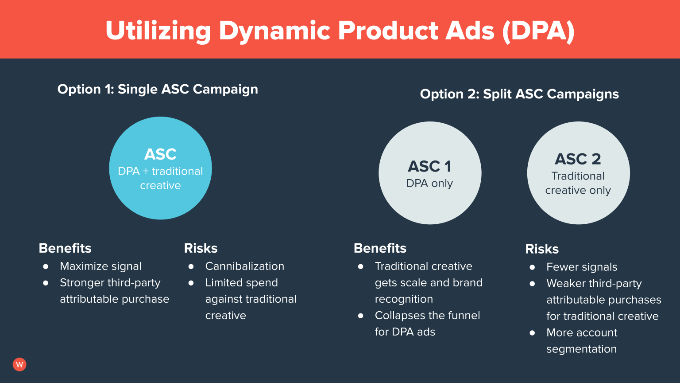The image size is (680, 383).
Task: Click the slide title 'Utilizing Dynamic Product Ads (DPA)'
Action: [x=340, y=31]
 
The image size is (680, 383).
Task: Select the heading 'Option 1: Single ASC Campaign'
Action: [x=158, y=89]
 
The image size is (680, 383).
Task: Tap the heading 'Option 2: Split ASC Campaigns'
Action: [x=519, y=94]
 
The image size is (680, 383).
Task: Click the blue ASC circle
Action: [x=160, y=168]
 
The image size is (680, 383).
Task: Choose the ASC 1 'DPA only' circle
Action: [x=429, y=173]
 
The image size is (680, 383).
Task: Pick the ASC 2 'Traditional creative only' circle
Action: [x=578, y=173]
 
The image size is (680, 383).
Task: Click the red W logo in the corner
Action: [x=19, y=364]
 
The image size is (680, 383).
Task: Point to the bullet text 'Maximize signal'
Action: [x=100, y=266]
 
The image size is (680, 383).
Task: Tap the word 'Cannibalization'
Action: [x=244, y=266]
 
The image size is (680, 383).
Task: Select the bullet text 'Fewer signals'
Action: [x=581, y=267]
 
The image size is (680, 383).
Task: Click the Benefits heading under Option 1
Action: [x=65, y=248]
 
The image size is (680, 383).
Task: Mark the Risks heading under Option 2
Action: [x=542, y=249]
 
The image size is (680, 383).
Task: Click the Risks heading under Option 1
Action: [x=201, y=248]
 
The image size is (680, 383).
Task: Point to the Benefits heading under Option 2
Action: [x=380, y=248]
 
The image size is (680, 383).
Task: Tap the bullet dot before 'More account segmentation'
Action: [x=532, y=332]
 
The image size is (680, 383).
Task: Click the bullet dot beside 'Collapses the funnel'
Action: [x=361, y=315]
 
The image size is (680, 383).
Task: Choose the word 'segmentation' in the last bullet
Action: [x=581, y=349]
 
